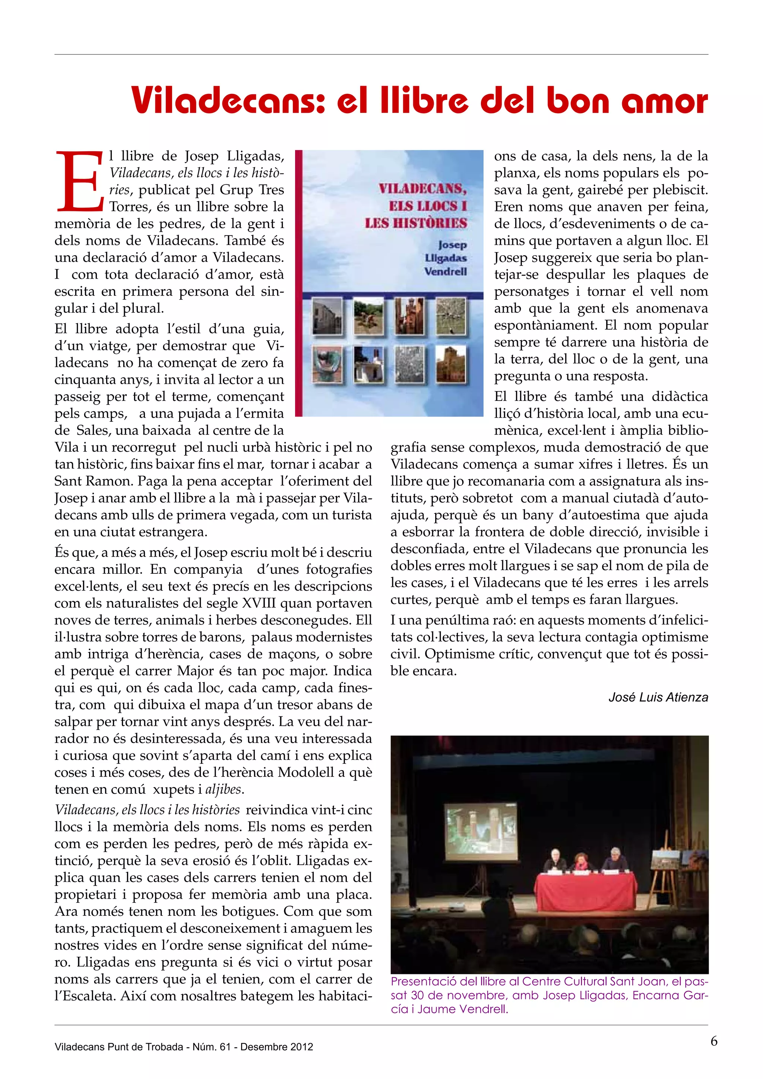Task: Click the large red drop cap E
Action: [x=79, y=181]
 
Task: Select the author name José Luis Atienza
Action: [x=658, y=697]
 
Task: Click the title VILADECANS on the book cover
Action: [x=422, y=189]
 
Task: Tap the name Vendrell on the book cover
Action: [x=446, y=271]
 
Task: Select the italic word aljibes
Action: [x=224, y=790]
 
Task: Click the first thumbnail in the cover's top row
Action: [x=327, y=316]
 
